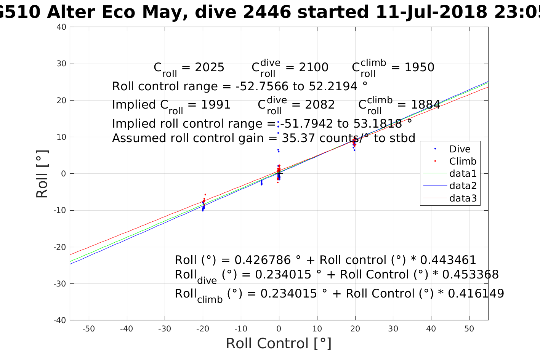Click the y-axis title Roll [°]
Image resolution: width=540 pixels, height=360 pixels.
tap(42, 174)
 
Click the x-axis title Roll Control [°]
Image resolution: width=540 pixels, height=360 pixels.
tap(279, 343)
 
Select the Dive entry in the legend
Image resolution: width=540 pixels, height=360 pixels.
tap(460, 149)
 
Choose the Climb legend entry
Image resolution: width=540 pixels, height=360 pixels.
tap(463, 161)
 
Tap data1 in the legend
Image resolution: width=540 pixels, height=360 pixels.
tap(463, 174)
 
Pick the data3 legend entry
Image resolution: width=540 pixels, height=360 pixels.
tap(463, 198)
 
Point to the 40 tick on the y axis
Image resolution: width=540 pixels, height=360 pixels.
tap(62, 27)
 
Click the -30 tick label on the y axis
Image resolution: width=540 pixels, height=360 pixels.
tap(60, 283)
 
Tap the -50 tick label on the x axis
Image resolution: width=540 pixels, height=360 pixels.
tap(88, 329)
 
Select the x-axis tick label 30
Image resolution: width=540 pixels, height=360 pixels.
tap(393, 329)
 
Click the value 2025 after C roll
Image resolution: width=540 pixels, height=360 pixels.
tap(209, 67)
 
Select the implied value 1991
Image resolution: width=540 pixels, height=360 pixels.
tap(216, 105)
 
